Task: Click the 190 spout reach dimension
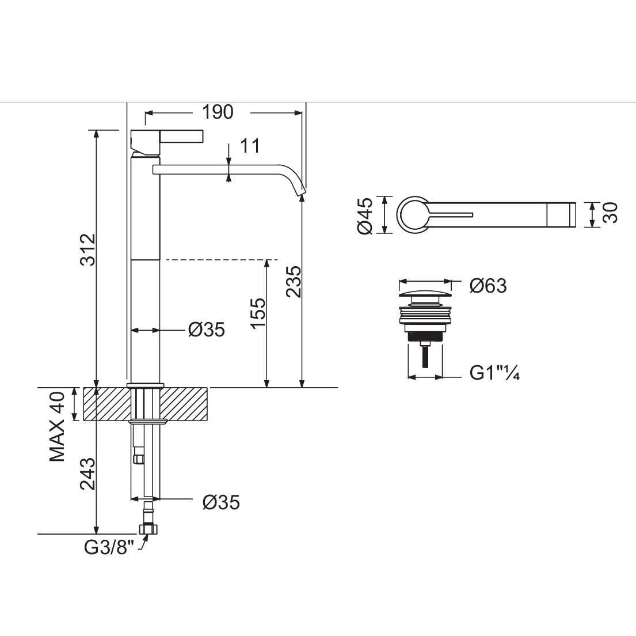tap(218, 112)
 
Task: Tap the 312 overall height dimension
tap(87, 249)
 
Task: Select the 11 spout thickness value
tap(250, 146)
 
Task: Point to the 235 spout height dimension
tap(294, 282)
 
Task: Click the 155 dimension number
tap(257, 313)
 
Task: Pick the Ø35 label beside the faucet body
tap(207, 330)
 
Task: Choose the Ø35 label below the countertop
tap(221, 502)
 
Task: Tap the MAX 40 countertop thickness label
tap(57, 426)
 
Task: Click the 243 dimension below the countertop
tap(87, 473)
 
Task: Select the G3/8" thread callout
tap(109, 548)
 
